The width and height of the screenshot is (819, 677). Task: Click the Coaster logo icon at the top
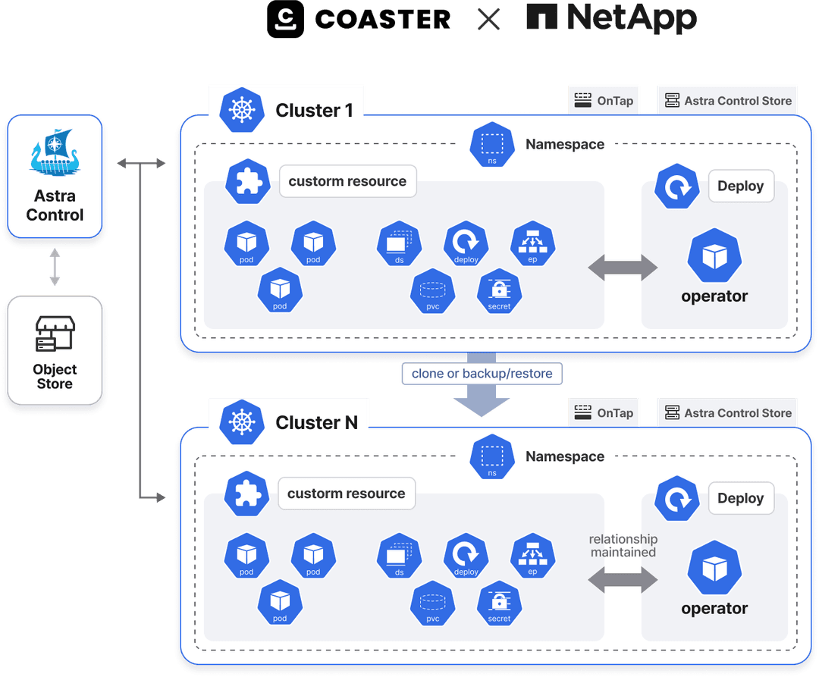285,19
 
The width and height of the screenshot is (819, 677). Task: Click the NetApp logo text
611,19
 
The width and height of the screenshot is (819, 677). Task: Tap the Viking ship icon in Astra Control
55,154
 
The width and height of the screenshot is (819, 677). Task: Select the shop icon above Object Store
55,334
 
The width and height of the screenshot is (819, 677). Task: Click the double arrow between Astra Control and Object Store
55,268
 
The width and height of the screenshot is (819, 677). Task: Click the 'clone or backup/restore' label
482,373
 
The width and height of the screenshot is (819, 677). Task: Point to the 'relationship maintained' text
623,546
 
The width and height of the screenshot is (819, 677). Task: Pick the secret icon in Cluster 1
499,291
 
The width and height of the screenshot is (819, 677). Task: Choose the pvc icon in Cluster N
432,603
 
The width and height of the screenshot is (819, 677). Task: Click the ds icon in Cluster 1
399,244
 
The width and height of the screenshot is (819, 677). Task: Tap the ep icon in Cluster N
532,556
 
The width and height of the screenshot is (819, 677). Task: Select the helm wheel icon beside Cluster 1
241,110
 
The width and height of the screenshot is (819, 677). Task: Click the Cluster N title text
316,422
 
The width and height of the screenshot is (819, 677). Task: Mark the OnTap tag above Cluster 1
604,100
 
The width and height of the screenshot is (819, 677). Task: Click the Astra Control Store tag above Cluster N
728,412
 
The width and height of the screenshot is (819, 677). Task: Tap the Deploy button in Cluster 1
740,186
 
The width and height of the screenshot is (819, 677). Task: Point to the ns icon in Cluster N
492,456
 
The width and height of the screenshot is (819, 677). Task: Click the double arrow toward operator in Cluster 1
623,266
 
